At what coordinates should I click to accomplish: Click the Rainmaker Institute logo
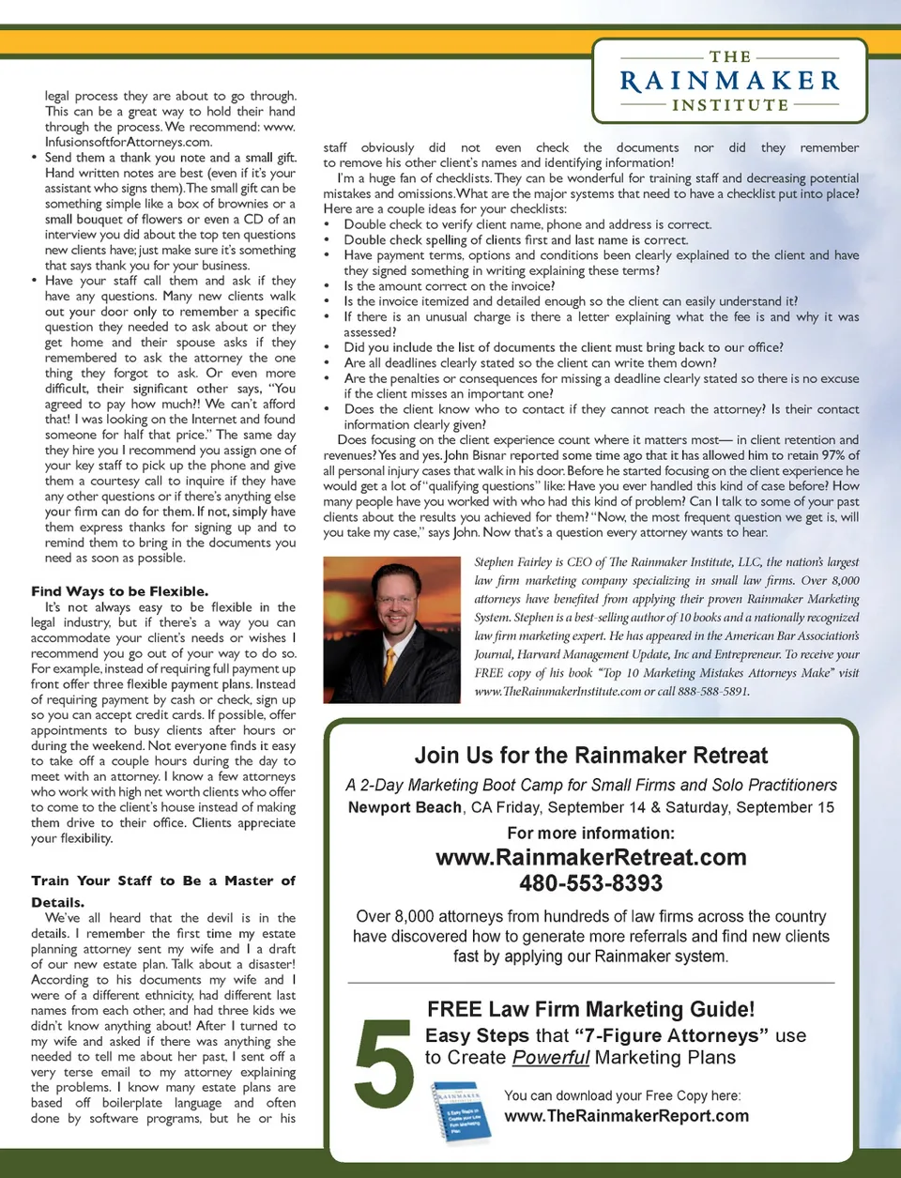tap(729, 81)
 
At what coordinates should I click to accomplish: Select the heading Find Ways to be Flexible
tap(119, 591)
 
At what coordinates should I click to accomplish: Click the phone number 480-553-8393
tap(590, 883)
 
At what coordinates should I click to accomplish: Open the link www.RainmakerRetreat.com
tap(590, 857)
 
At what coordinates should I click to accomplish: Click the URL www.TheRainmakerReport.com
tap(626, 1116)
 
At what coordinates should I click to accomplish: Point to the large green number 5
tap(384, 1064)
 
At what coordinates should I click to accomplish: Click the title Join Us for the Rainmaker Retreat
tap(590, 756)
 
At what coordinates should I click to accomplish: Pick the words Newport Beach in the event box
tap(405, 808)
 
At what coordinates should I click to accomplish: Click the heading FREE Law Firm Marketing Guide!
tap(590, 1009)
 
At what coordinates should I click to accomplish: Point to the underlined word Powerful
tap(551, 1058)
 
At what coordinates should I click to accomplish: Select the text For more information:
tap(590, 833)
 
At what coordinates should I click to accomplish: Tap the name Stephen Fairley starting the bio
tap(512, 562)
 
